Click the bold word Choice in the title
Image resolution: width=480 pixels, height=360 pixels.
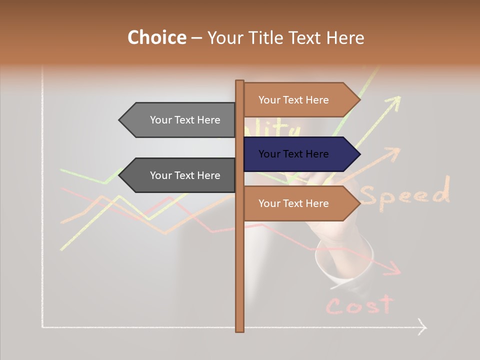[156, 37]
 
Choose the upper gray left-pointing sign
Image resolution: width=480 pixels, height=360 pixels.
[180, 120]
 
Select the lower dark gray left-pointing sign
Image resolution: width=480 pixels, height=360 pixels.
[180, 175]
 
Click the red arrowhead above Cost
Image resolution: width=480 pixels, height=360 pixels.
[395, 269]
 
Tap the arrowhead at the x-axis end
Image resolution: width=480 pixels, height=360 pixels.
[422, 327]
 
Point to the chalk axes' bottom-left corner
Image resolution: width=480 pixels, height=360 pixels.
[43, 327]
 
